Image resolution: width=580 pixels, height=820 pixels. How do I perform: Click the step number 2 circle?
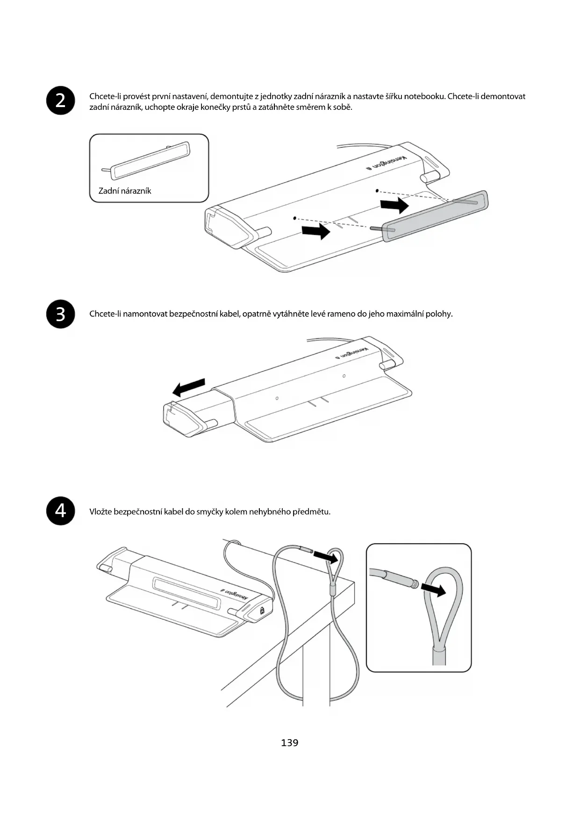[61, 101]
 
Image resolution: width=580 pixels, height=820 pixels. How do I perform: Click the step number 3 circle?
[61, 314]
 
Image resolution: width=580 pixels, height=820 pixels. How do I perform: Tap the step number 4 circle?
[61, 511]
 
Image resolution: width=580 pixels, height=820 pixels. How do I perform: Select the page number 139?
[290, 742]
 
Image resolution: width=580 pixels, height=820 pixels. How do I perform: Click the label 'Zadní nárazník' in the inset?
[125, 191]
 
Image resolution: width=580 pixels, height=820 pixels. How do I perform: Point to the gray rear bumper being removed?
[435, 215]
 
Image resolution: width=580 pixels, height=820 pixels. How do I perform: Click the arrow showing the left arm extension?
[189, 387]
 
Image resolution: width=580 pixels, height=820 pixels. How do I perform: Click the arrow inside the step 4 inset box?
[433, 590]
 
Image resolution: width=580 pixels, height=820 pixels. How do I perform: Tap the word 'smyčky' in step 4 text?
[209, 511]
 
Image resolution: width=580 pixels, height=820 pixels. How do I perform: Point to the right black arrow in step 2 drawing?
[394, 204]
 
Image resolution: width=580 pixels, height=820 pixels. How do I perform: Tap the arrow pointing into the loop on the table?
[325, 556]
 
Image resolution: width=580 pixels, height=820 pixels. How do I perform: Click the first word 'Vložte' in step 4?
[100, 511]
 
